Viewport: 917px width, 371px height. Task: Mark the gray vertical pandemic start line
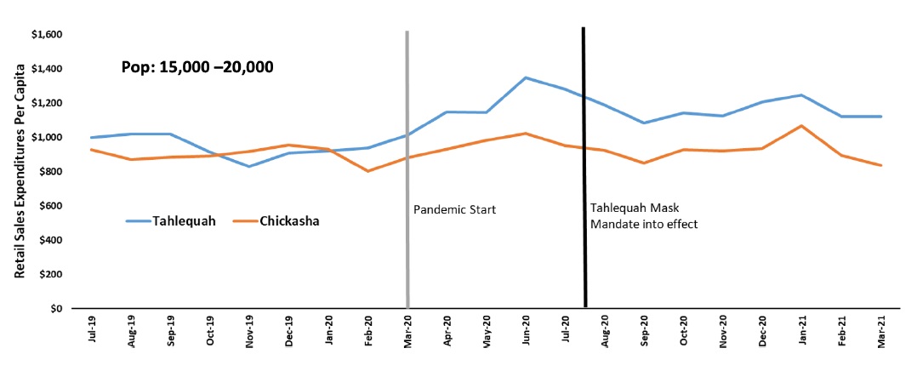click(x=407, y=170)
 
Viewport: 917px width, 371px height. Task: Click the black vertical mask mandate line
click(x=584, y=170)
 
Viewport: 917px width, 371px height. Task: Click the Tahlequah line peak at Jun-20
click(x=526, y=77)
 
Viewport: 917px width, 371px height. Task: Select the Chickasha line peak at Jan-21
click(x=800, y=126)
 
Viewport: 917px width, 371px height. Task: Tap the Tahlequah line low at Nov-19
click(x=249, y=166)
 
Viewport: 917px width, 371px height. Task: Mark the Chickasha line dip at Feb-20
click(x=367, y=171)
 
